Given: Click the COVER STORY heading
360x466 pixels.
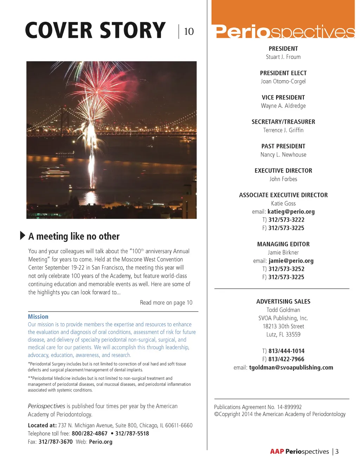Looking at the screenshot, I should click(x=95, y=30).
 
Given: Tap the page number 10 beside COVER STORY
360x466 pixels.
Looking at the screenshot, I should click(x=189, y=32).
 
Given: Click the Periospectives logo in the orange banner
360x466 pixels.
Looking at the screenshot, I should click(x=285, y=32).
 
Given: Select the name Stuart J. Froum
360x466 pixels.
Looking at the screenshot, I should click(x=283, y=57).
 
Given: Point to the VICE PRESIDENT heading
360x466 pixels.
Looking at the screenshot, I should click(x=283, y=97).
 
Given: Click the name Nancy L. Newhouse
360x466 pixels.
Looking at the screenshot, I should click(x=283, y=155).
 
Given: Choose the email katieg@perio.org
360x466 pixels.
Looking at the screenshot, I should click(x=291, y=212).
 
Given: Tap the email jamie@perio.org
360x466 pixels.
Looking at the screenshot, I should click(x=291, y=261).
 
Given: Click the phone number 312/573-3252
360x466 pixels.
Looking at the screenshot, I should click(x=286, y=269).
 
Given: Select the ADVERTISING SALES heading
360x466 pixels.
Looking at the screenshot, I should click(x=283, y=302).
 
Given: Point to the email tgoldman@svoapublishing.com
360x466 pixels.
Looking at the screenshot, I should click(x=291, y=368).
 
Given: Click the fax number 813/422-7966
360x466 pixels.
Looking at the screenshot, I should click(x=286, y=359).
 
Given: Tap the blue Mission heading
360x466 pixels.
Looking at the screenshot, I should click(x=38, y=317).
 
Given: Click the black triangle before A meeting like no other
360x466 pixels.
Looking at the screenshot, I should click(x=22, y=236).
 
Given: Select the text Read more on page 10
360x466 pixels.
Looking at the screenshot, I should click(x=166, y=302).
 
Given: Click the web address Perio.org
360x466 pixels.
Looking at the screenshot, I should click(x=101, y=442).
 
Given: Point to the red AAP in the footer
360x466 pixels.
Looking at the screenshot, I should click(x=277, y=452).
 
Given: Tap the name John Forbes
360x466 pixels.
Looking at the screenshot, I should click(x=283, y=179).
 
